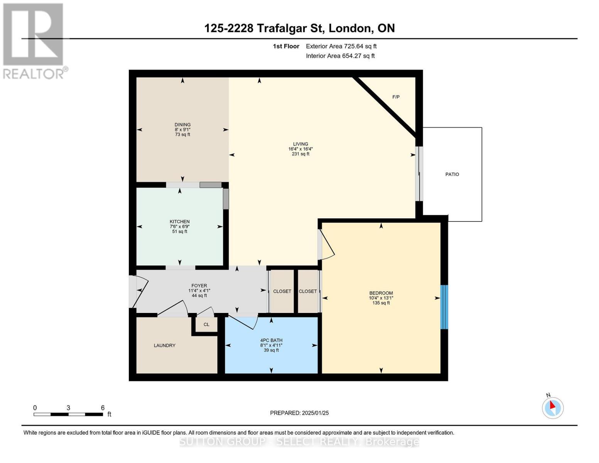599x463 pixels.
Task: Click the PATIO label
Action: point(452,174)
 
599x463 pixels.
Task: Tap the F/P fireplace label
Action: point(396,97)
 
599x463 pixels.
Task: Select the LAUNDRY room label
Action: point(165,345)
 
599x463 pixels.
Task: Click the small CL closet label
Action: point(206,324)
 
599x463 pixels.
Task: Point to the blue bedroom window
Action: point(444,307)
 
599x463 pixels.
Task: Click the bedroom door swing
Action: point(327,245)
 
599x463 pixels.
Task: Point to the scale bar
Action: point(68,414)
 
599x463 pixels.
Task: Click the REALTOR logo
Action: point(34,41)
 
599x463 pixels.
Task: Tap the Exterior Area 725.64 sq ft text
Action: point(341,46)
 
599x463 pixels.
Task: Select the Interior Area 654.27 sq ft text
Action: point(340,56)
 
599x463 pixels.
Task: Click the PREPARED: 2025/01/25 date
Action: point(299,413)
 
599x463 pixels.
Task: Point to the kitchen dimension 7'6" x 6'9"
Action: point(180,226)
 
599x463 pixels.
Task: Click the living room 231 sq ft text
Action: point(300,154)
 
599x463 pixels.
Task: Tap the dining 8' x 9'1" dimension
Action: point(182,130)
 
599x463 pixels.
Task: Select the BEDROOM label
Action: point(381,293)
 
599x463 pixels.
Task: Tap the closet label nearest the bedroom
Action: point(307,291)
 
